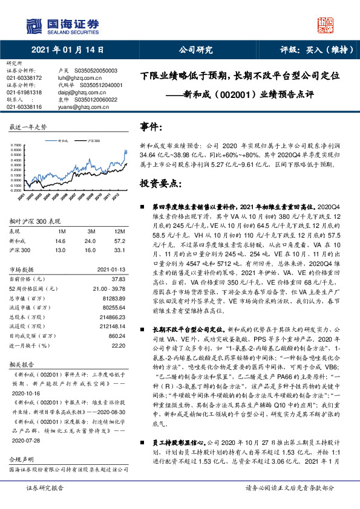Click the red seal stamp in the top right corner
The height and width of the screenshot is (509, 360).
point(326,25)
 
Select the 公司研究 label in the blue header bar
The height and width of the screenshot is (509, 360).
point(195,50)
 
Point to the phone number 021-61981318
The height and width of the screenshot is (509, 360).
point(24,92)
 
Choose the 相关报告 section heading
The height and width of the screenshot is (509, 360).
point(22,366)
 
